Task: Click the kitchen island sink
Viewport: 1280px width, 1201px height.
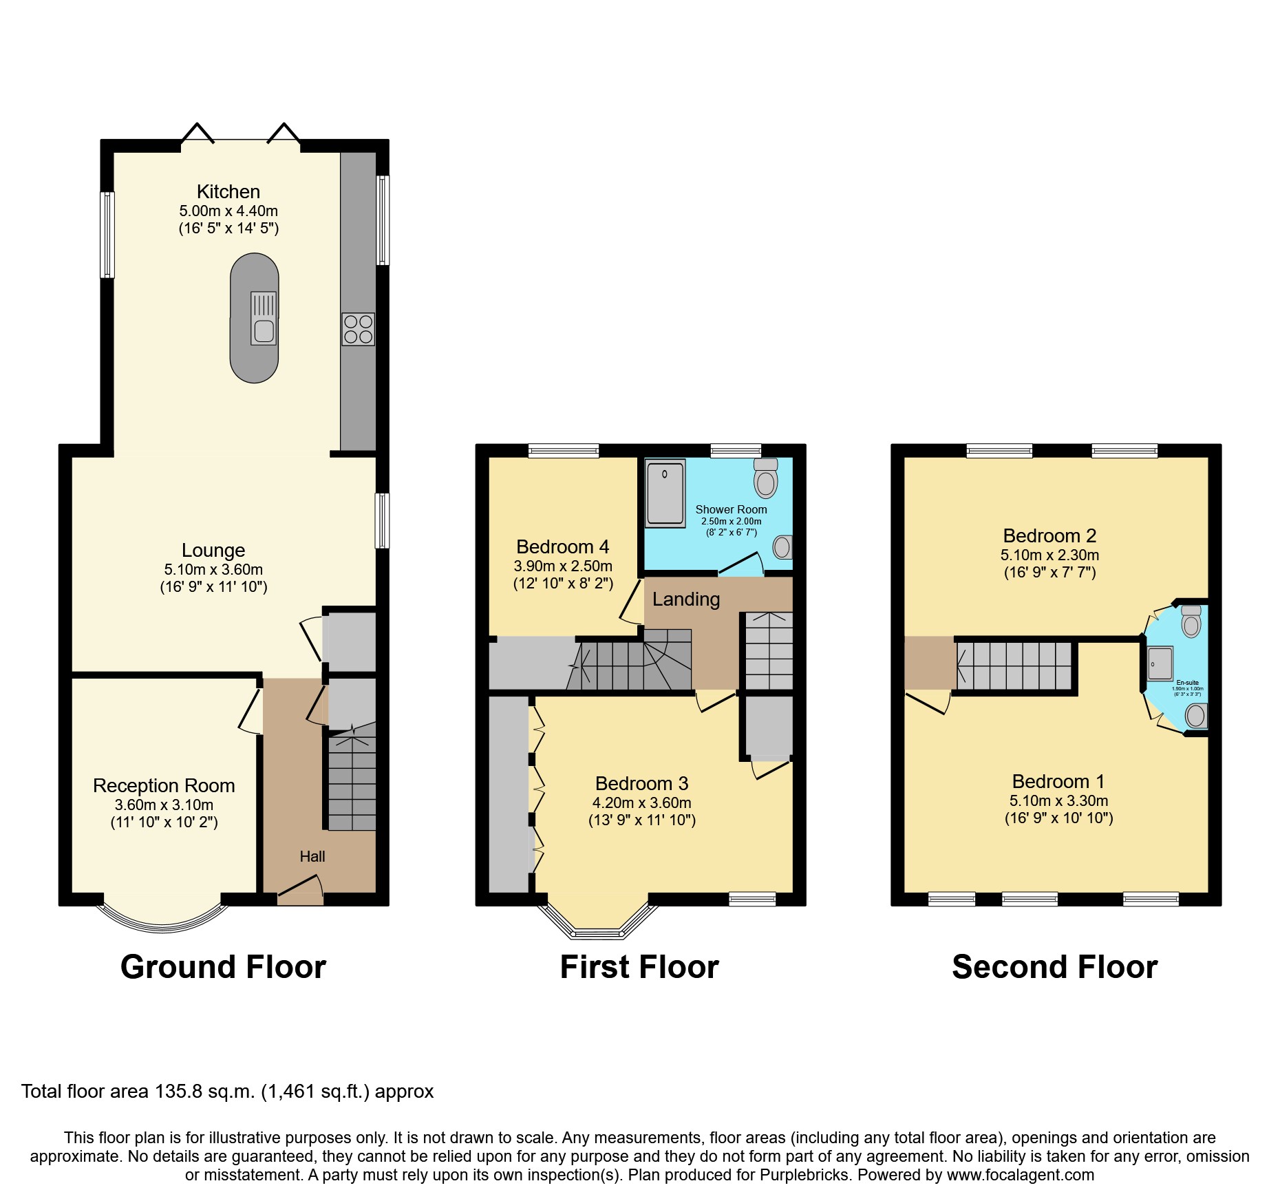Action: coord(264,330)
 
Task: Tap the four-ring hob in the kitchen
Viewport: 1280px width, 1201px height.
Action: coord(358,329)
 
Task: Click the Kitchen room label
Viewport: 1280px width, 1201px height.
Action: coord(228,191)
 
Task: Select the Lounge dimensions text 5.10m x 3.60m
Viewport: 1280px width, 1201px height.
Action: coord(213,570)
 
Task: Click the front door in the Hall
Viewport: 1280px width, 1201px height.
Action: coord(300,892)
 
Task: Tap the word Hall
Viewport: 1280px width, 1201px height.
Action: coord(312,856)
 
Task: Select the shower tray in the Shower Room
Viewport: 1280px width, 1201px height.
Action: coord(665,493)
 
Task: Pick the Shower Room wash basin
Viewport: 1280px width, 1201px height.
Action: coord(782,547)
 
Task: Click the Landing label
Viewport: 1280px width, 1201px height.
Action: coord(685,599)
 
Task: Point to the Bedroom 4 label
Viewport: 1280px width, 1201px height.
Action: coord(562,547)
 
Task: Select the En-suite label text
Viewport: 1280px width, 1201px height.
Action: coord(1187,683)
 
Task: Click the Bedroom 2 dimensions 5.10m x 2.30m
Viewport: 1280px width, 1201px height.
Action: coord(1049,555)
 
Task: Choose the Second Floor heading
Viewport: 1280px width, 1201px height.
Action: coord(1054,967)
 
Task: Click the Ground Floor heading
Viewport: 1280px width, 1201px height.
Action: coord(223,967)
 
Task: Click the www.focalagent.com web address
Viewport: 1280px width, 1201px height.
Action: coord(1020,1175)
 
